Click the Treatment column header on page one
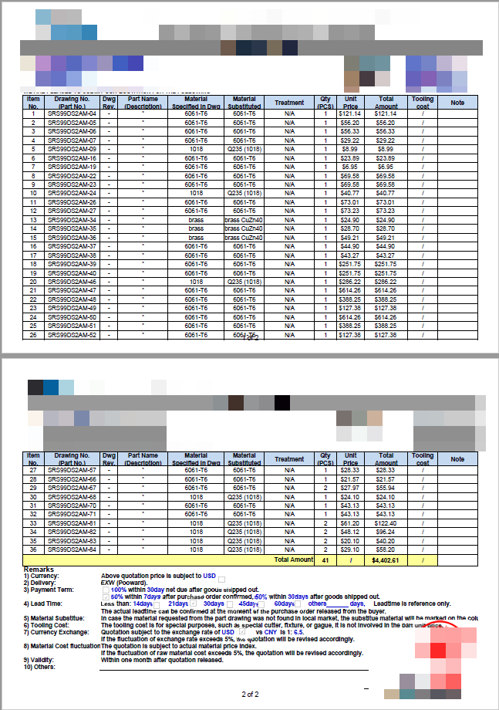(x=289, y=103)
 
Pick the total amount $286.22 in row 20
(x=386, y=282)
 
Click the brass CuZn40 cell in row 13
(x=244, y=220)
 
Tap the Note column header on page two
(x=457, y=459)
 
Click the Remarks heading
(x=39, y=569)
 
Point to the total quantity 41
(x=325, y=560)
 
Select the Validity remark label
(x=38, y=660)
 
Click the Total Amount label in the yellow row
(x=294, y=560)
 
